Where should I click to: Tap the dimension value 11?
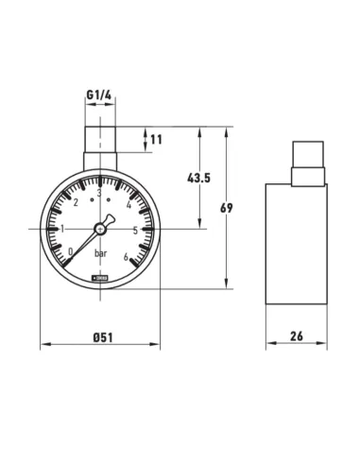[x=157, y=140]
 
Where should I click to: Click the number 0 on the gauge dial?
[x=72, y=250]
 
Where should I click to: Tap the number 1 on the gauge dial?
[x=62, y=229]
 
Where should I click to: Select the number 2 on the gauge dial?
[x=76, y=206]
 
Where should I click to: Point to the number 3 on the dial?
[x=99, y=195]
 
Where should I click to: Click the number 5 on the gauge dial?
[x=137, y=229]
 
